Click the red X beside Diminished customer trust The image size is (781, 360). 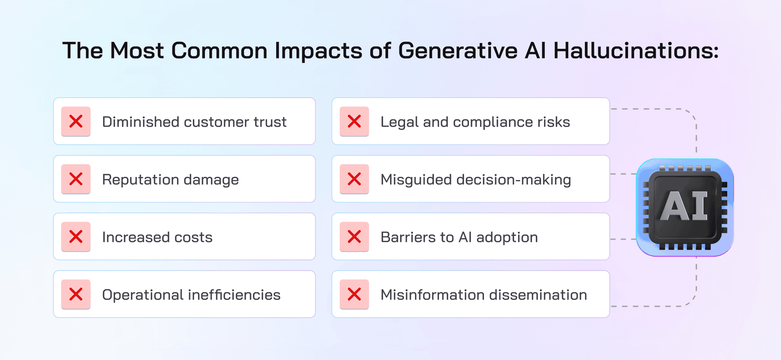pos(76,121)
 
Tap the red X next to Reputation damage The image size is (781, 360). pos(76,179)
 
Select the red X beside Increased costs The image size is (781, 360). pos(76,237)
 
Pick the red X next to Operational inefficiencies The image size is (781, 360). pos(76,294)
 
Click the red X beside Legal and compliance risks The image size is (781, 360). pos(354,121)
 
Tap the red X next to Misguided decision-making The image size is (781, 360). pos(354,179)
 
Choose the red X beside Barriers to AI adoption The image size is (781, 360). pos(354,237)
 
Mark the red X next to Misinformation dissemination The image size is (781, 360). pos(354,294)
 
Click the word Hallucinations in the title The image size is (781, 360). pos(636,50)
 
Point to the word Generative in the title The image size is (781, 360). pos(458,50)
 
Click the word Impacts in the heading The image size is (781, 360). pos(318,51)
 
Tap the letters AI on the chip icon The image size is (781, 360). pos(684,205)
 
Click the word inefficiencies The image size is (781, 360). pos(234,295)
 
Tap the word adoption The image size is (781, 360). pos(507,238)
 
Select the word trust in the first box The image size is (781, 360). pos(270,122)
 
